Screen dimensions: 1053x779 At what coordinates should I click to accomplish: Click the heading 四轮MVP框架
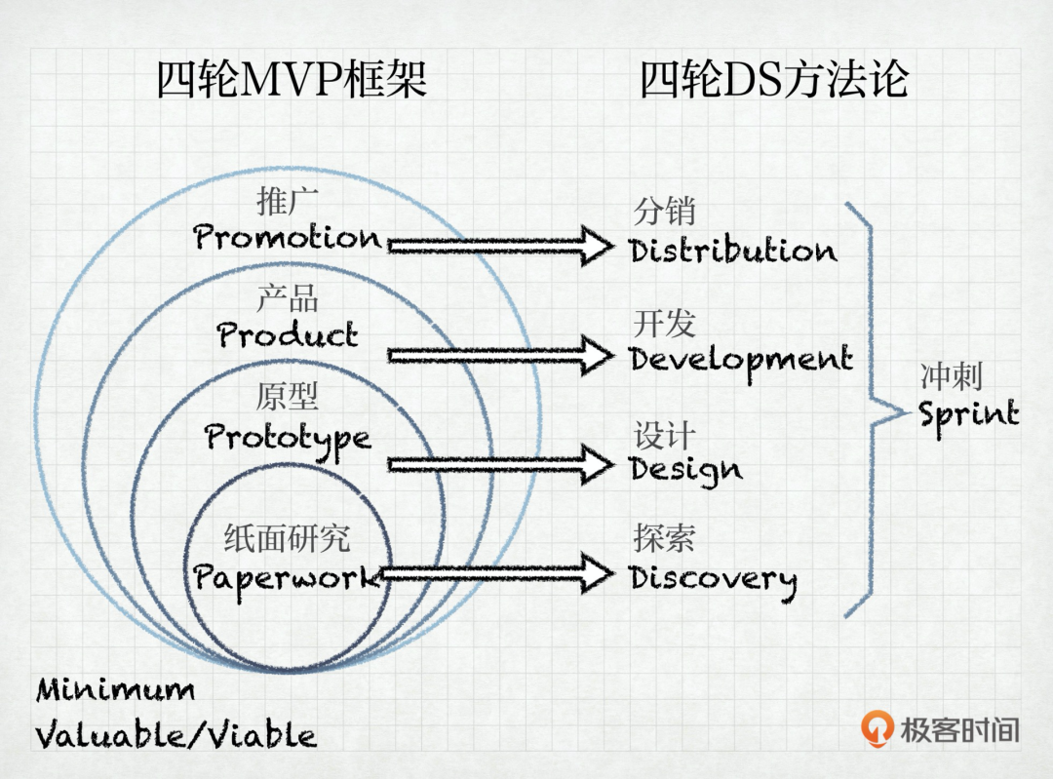tap(292, 79)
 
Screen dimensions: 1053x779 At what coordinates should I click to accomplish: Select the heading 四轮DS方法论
tap(774, 79)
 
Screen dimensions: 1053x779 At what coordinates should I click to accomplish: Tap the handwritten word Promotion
tap(288, 237)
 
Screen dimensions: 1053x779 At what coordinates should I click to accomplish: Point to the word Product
tap(288, 334)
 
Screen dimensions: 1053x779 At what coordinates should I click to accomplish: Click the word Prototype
tap(288, 439)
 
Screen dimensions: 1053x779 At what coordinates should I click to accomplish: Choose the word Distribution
tap(733, 250)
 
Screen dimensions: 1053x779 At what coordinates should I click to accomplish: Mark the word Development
tap(741, 362)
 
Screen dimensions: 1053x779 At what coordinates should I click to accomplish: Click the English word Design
tap(685, 471)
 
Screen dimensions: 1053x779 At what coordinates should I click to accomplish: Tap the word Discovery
tap(713, 580)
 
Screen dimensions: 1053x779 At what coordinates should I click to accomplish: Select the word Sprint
tap(968, 415)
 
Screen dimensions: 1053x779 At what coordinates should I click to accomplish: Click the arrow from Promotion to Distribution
tap(500, 246)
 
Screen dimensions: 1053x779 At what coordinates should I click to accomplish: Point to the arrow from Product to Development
tap(500, 355)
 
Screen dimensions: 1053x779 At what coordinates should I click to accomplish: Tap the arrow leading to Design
tap(500, 464)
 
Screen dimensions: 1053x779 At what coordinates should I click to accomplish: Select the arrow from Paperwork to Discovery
tap(497, 573)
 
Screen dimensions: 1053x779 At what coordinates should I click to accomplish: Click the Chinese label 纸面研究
tap(287, 538)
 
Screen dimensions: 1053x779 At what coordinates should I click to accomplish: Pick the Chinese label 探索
tap(664, 538)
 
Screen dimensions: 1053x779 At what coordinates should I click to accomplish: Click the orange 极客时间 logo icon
tap(877, 728)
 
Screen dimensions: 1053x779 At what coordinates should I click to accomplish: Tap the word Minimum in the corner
tap(115, 689)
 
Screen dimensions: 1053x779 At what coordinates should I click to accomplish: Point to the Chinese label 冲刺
tap(951, 376)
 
